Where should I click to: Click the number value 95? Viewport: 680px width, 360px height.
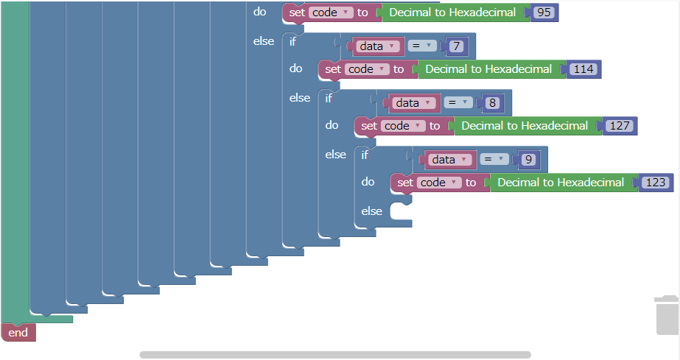point(544,13)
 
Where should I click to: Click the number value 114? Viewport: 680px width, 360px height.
point(583,69)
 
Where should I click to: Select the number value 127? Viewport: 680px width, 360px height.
point(620,126)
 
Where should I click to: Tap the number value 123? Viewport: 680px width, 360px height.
point(655,183)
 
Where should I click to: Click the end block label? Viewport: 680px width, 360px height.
point(18,333)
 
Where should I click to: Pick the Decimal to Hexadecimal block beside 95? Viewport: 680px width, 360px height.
point(452,13)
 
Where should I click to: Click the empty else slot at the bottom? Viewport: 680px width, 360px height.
point(401,212)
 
